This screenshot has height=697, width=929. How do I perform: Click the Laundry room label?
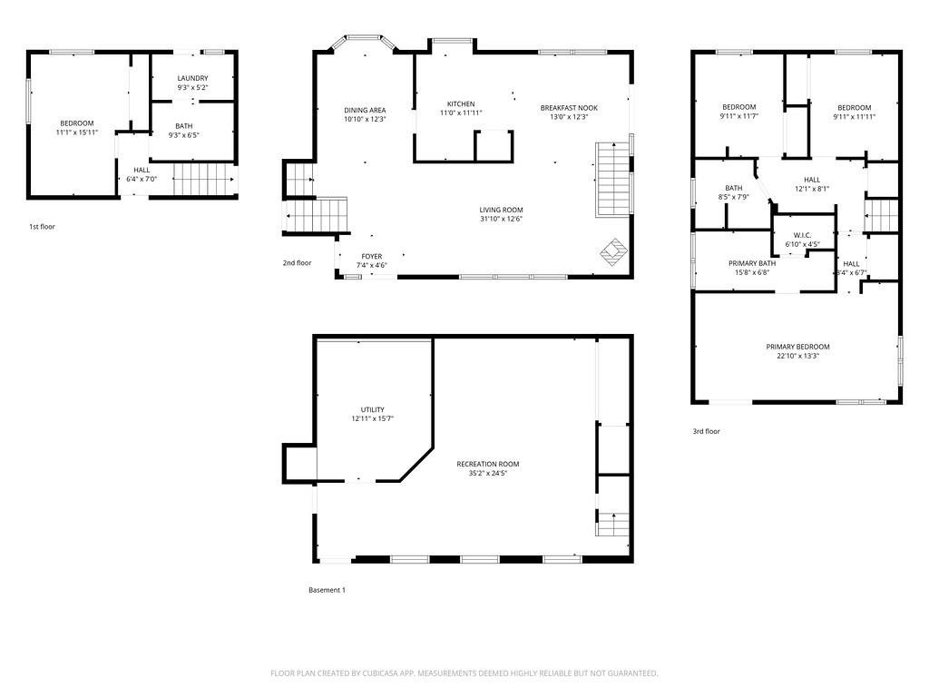click(192, 78)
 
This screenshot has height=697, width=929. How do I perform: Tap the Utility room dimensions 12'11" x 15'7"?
click(372, 419)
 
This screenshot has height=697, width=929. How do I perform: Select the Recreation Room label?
click(488, 464)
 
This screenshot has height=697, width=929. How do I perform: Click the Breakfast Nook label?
click(569, 107)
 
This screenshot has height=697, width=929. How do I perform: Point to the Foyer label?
click(371, 256)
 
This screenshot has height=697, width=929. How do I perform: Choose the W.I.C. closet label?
click(802, 235)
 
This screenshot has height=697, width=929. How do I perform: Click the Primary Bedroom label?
click(797, 347)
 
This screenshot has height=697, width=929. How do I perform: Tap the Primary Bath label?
click(749, 263)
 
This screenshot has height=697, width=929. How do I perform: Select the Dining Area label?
click(365, 110)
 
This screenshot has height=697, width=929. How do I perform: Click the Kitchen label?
click(461, 103)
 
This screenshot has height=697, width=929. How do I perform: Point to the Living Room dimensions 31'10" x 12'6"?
click(502, 219)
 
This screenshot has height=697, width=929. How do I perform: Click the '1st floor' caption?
click(42, 227)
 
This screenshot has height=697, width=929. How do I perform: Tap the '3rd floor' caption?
click(706, 432)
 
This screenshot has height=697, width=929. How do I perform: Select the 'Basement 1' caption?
click(327, 591)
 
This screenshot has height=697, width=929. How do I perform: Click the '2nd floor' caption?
click(297, 263)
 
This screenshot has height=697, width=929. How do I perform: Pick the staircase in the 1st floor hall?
click(203, 179)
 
